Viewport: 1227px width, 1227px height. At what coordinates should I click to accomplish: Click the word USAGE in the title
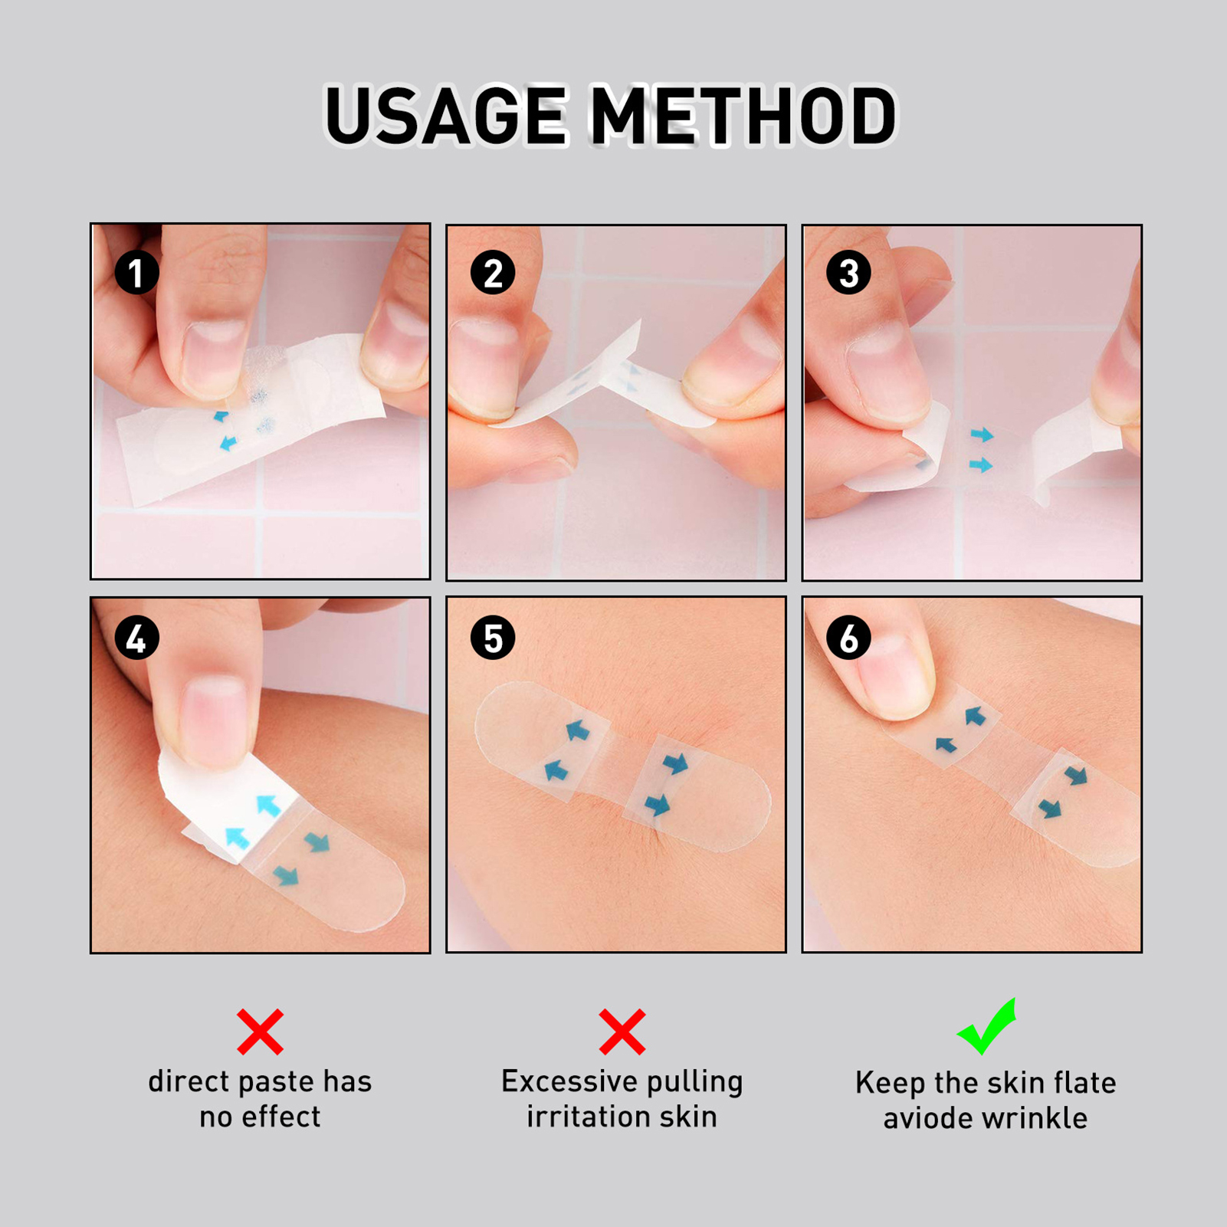coord(446,116)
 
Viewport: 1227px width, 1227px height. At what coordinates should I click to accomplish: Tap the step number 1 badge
coord(136,273)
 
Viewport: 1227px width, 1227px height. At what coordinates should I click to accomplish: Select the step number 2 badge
coord(493,273)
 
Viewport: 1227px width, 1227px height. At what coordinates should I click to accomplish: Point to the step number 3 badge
coord(848,272)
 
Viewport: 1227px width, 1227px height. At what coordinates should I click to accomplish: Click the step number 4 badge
coord(136,638)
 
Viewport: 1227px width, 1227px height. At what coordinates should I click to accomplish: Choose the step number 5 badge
coord(493,638)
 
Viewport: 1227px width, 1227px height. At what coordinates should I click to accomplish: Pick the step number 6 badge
coord(848,638)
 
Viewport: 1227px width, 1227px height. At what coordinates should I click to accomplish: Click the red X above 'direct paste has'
coord(261,1032)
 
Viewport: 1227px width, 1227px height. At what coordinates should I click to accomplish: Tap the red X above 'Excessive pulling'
coord(622,1032)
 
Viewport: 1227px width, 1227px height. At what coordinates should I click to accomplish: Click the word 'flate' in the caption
coord(1085,1083)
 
